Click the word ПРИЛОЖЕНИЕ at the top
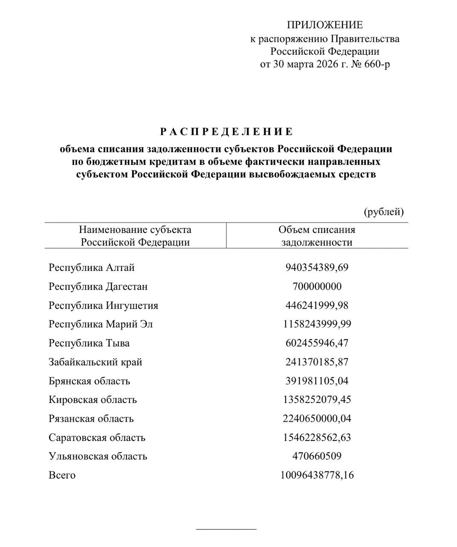[x=324, y=25]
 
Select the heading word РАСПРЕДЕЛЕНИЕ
[x=227, y=132]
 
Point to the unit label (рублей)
[x=383, y=212]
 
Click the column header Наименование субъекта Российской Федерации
[x=135, y=236]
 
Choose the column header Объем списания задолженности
[x=317, y=236]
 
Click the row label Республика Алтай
[x=91, y=268]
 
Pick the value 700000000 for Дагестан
[x=317, y=287]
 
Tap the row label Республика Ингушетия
[x=103, y=306]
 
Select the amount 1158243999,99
[x=317, y=324]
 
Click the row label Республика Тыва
[x=89, y=344]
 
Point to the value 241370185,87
[x=317, y=362]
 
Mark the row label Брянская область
[x=89, y=381]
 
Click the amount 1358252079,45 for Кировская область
[x=317, y=400]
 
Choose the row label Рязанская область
[x=91, y=419]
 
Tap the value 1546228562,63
[x=317, y=438]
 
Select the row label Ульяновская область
[x=98, y=456]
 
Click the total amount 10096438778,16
[x=317, y=475]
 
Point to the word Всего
[x=62, y=475]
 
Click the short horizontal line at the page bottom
[x=226, y=529]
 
